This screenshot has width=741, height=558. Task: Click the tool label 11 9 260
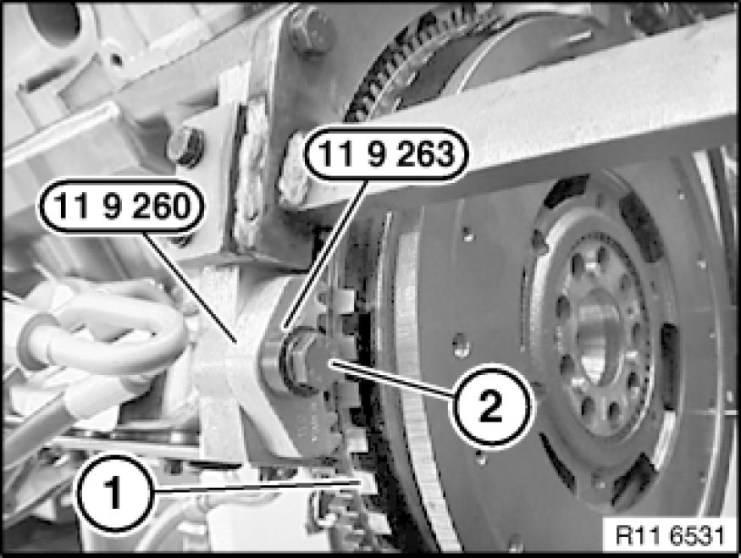[x=122, y=207]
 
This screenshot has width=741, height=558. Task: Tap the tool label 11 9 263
[x=385, y=154]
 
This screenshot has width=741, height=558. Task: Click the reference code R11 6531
[x=670, y=536]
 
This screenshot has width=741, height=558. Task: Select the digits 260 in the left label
[x=161, y=207]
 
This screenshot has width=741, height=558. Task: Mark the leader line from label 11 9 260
[x=190, y=287]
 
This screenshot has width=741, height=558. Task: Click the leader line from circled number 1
[x=257, y=487]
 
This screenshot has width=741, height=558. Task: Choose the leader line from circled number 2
[x=393, y=379]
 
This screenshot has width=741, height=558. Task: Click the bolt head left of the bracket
[x=185, y=147]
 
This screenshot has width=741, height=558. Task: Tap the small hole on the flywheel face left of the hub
[x=462, y=345]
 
